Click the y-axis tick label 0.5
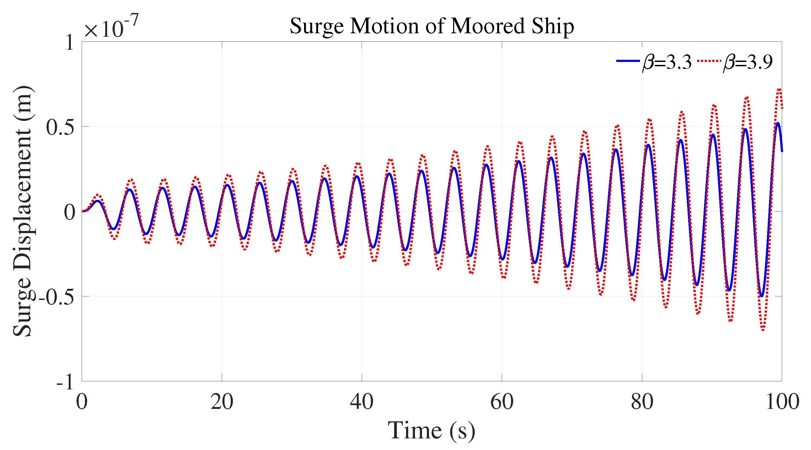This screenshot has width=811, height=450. click(x=60, y=127)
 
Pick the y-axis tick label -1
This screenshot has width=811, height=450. click(x=65, y=382)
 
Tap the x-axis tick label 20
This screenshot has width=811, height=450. click(x=222, y=402)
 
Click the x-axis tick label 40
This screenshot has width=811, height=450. click(x=361, y=402)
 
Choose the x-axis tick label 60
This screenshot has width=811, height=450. click(x=502, y=402)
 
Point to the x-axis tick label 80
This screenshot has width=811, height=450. click(x=642, y=402)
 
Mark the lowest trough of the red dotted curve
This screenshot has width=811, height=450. click(x=763, y=329)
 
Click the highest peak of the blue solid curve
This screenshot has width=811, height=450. click(x=778, y=123)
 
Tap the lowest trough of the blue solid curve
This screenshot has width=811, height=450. click(x=761, y=296)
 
